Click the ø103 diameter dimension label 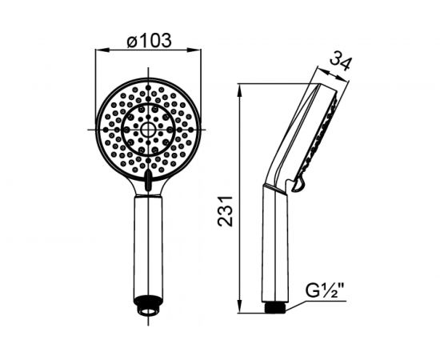149,40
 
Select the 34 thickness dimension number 340,63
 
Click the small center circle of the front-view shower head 148,130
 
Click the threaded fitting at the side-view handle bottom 275,307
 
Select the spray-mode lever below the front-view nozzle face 148,181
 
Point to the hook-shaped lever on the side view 298,185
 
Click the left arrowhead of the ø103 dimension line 102,50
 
